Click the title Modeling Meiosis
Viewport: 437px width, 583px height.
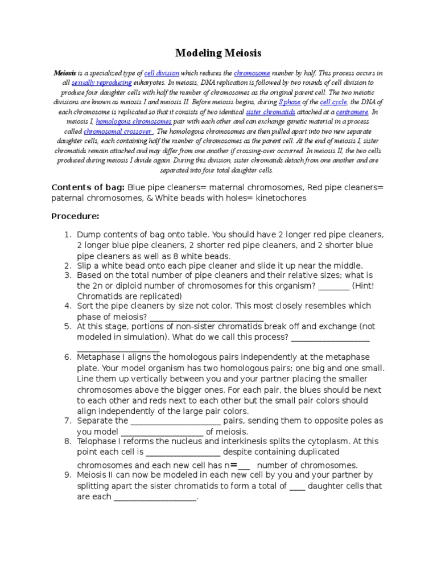click(218, 53)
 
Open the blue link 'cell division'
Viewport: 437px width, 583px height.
click(162, 73)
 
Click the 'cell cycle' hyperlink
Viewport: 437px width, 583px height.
click(333, 102)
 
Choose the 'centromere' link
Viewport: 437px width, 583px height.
click(352, 112)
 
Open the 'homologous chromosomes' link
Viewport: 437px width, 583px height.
click(134, 122)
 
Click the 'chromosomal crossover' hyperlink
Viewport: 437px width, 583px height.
click(118, 132)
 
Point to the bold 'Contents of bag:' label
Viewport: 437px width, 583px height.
click(88, 187)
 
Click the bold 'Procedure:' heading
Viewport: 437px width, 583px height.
click(76, 216)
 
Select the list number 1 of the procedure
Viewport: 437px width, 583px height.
click(66, 235)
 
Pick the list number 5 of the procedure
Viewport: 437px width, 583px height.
click(67, 327)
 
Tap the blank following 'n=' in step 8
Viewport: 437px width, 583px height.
click(244, 464)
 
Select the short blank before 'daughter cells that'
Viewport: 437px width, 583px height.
click(297, 486)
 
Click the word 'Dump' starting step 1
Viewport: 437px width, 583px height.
click(89, 235)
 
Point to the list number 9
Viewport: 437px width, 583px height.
click(67, 475)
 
